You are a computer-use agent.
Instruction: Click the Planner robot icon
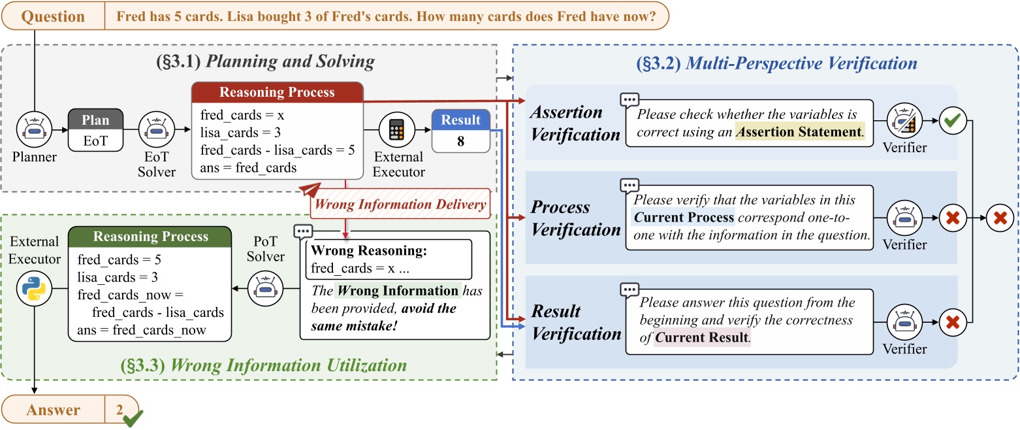pos(34,129)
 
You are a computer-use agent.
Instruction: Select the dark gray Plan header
pos(95,120)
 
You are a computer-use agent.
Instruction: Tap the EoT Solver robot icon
pos(157,129)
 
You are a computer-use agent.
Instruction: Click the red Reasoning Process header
pos(278,92)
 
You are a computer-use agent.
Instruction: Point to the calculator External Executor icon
pos(396,130)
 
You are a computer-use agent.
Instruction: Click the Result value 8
pos(461,141)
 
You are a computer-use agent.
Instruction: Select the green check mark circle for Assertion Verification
pos(953,121)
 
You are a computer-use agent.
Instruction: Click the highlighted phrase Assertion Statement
pos(799,131)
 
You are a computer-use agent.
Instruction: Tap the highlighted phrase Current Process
pos(684,217)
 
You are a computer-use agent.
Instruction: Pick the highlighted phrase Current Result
pos(702,337)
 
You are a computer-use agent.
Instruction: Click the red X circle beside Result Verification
pos(953,323)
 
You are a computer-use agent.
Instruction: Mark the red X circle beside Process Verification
pos(953,218)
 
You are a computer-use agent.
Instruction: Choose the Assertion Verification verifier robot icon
pos(904,121)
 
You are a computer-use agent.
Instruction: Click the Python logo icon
pos(34,288)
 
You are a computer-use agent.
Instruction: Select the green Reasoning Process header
pos(150,237)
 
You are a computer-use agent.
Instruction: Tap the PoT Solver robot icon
pos(266,288)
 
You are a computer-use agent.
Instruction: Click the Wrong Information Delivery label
pos(400,204)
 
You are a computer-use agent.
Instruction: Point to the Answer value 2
pos(120,410)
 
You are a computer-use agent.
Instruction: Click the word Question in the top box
pos(53,16)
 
